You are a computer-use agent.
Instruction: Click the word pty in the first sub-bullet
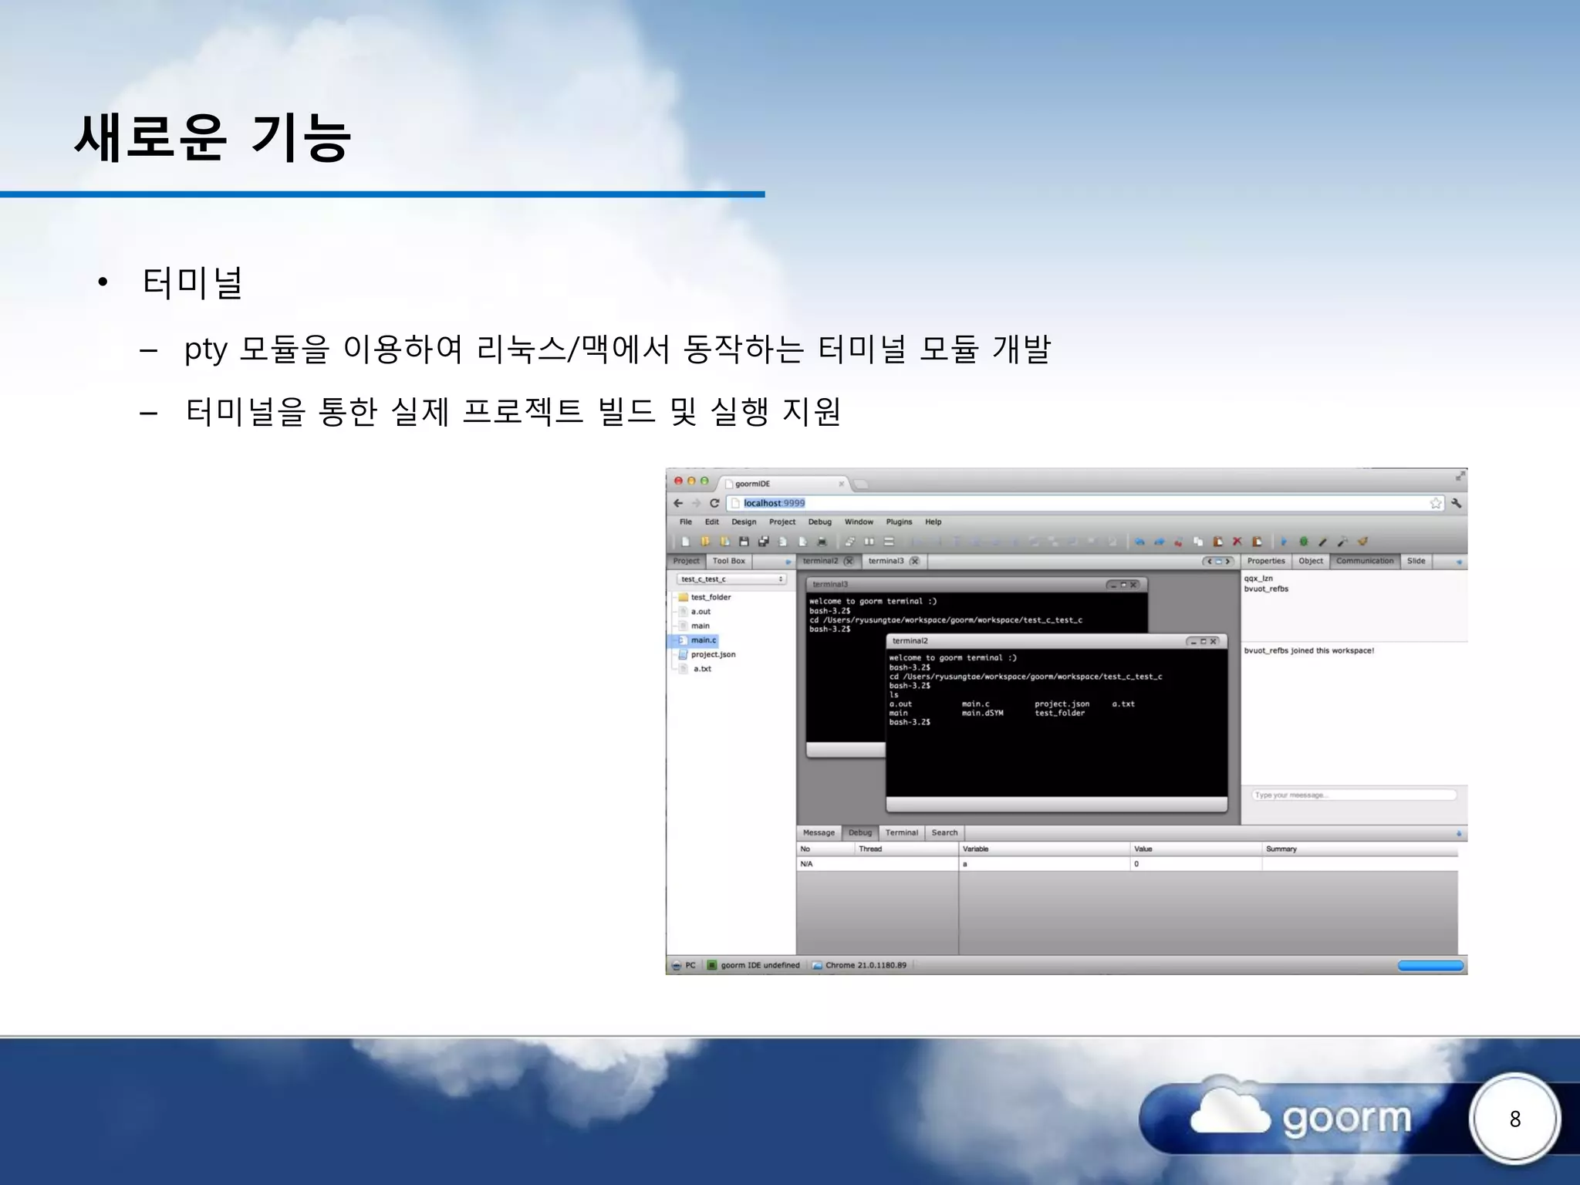pyautogui.click(x=205, y=349)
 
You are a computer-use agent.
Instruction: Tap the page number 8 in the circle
pyautogui.click(x=1514, y=1119)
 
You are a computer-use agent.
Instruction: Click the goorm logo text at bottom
pyautogui.click(x=1346, y=1118)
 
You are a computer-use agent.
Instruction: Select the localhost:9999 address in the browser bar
pyautogui.click(x=774, y=503)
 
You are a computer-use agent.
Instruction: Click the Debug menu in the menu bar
pyautogui.click(x=819, y=522)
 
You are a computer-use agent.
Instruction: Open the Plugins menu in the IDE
pyautogui.click(x=899, y=522)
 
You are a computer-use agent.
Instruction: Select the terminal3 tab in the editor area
pyautogui.click(x=886, y=561)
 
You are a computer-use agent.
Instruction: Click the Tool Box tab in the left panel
pyautogui.click(x=728, y=561)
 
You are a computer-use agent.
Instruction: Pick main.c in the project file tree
pyautogui.click(x=704, y=640)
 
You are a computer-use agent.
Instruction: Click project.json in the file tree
pyautogui.click(x=713, y=654)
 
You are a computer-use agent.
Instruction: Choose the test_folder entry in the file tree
pyautogui.click(x=711, y=597)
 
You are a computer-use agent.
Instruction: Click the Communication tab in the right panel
pyautogui.click(x=1365, y=561)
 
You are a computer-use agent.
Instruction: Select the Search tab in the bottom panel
pyautogui.click(x=944, y=833)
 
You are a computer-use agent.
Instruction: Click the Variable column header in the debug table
pyautogui.click(x=975, y=849)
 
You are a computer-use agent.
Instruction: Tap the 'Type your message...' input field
pyautogui.click(x=1353, y=795)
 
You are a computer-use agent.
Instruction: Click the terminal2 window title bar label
pyautogui.click(x=910, y=641)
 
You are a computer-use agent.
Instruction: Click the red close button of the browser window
pyautogui.click(x=678, y=481)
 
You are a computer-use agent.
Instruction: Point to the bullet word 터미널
pyautogui.click(x=193, y=282)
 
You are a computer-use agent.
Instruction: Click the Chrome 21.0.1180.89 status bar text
pyautogui.click(x=866, y=965)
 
